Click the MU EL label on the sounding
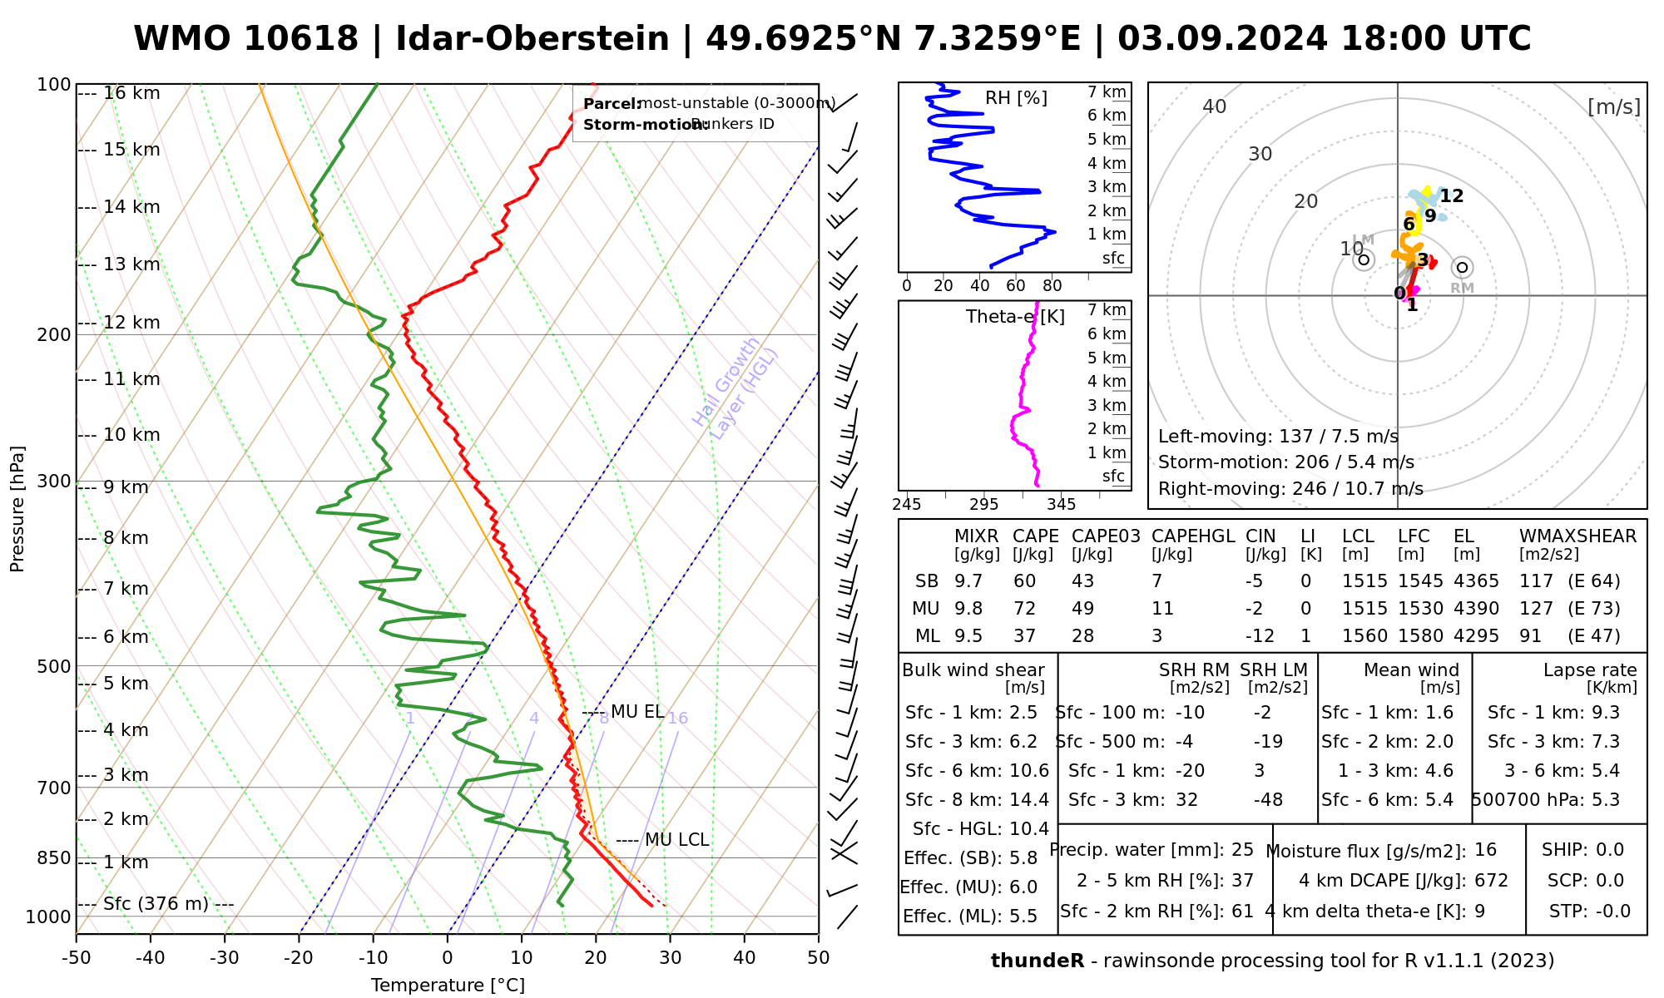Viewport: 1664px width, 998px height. click(x=636, y=712)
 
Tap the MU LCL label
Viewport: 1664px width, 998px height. click(x=676, y=840)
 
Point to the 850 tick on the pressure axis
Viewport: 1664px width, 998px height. click(x=55, y=857)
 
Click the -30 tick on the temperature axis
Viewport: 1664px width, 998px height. click(x=225, y=958)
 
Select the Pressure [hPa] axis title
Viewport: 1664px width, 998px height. click(x=17, y=509)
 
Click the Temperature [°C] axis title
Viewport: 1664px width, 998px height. click(x=448, y=986)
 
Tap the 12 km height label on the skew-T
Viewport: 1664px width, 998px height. click(x=131, y=323)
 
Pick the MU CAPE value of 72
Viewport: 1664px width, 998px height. click(x=1024, y=609)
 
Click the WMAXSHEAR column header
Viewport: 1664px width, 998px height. click(x=1577, y=536)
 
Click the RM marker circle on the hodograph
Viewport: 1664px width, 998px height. click(x=1462, y=267)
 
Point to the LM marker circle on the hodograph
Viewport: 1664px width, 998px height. click(x=1364, y=259)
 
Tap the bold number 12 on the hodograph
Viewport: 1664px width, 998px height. click(x=1452, y=196)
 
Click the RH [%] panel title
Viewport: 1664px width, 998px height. click(x=1016, y=98)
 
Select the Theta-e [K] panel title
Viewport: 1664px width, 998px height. click(x=1015, y=317)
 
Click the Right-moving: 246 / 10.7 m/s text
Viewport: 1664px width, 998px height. click(x=1290, y=489)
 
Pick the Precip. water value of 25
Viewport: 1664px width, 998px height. click(x=1242, y=850)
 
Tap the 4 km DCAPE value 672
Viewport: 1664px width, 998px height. click(x=1492, y=881)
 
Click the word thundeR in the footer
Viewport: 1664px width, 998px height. click(x=1038, y=961)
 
